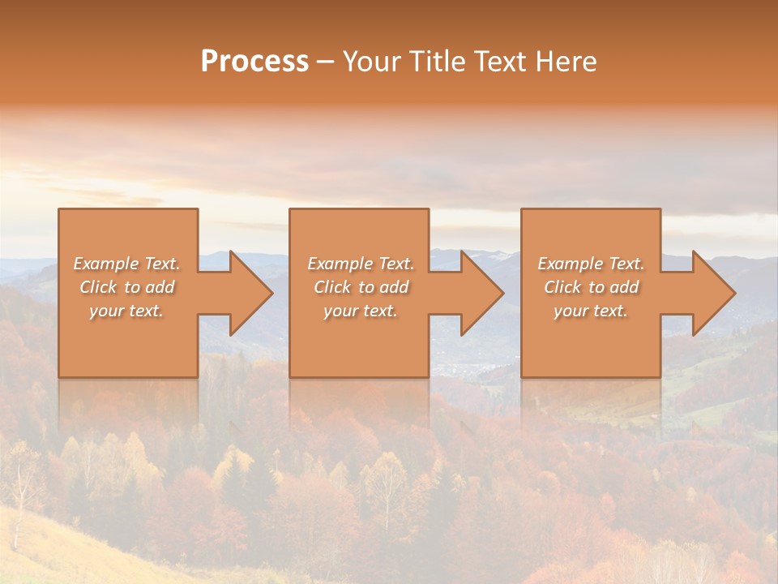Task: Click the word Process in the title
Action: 254,62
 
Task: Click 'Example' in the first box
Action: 106,264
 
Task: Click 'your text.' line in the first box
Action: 126,311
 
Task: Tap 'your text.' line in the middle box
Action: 361,311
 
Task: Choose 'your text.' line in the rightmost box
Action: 591,311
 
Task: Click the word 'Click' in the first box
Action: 98,287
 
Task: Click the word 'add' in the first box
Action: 160,287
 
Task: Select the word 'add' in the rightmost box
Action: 624,287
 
